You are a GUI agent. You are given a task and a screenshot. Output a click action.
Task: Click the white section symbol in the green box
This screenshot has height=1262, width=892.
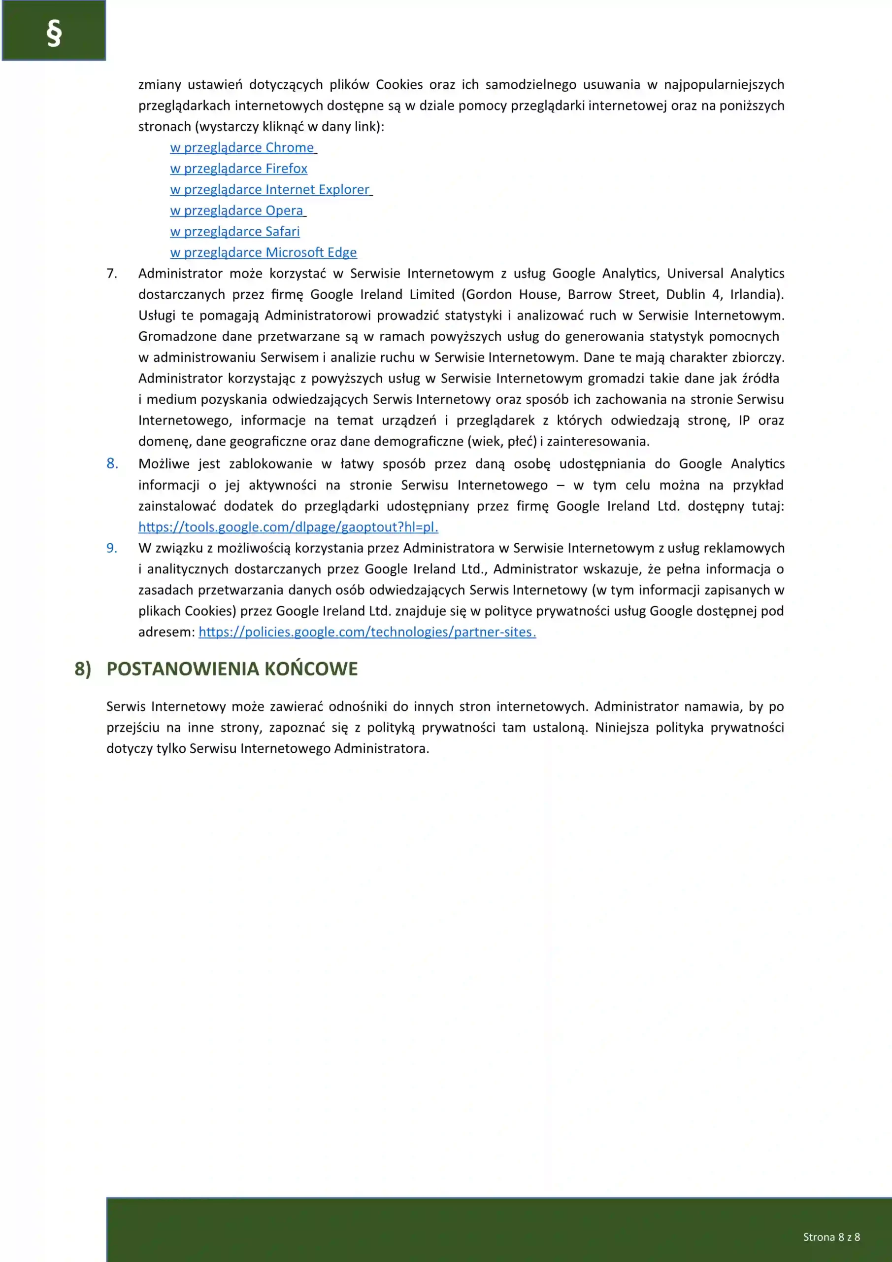[54, 34]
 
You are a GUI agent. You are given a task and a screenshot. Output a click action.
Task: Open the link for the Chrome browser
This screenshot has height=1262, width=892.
[242, 148]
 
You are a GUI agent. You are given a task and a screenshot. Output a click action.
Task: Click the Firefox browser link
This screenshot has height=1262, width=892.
[238, 169]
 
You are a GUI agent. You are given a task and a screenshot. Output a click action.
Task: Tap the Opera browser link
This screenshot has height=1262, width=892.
[237, 210]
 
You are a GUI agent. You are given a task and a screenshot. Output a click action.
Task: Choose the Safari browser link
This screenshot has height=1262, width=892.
[234, 231]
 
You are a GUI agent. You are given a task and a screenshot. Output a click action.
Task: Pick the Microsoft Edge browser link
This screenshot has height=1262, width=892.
[263, 253]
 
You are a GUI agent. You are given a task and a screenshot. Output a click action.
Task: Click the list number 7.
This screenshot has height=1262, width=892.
[111, 274]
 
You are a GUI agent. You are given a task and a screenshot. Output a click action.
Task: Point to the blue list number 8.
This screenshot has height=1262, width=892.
[112, 464]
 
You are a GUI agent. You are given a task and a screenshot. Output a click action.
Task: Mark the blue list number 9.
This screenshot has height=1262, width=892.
[112, 548]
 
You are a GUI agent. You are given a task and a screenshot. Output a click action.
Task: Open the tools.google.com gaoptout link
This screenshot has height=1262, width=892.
[288, 527]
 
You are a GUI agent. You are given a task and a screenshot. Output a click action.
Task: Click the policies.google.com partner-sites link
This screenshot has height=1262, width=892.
[367, 632]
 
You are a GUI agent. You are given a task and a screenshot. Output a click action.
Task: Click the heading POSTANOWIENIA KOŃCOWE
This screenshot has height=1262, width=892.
[232, 669]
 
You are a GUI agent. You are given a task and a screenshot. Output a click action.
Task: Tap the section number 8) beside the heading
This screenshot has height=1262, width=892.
[83, 669]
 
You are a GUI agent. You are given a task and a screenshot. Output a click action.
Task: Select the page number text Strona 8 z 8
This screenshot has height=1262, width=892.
[831, 1237]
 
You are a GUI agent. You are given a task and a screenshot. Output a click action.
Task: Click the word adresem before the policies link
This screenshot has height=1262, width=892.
[166, 632]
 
